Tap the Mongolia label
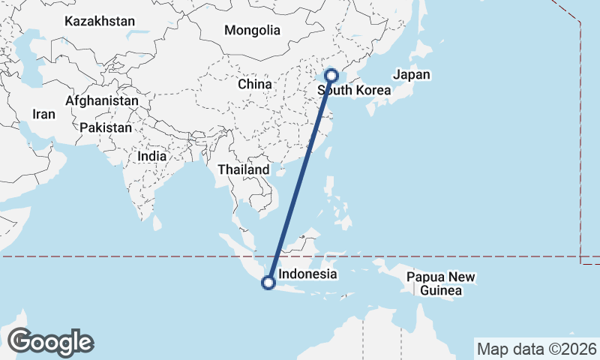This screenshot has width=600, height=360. [252, 31]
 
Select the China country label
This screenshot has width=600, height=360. [254, 84]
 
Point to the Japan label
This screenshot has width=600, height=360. [412, 74]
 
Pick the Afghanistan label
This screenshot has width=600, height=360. [102, 100]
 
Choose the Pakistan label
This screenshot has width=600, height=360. [105, 127]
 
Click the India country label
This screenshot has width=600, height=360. [152, 156]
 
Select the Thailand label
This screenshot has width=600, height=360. [243, 170]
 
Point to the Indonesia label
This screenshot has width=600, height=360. [307, 274]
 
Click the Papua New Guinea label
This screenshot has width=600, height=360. [441, 283]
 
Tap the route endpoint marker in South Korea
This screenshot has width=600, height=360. [331, 76]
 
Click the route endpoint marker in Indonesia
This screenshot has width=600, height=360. [268, 283]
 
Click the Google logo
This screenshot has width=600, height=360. [51, 342]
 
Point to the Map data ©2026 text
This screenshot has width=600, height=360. [536, 349]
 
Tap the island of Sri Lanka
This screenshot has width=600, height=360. [157, 222]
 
